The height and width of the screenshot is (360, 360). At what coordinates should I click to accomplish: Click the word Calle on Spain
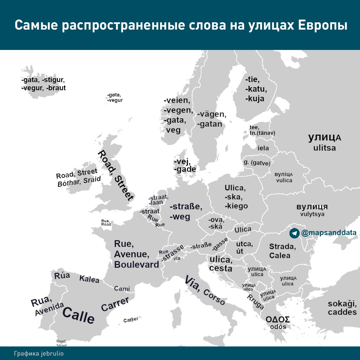(78, 315)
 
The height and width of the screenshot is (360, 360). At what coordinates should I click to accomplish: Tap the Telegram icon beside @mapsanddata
(294, 233)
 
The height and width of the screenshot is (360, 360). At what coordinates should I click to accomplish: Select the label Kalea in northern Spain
(89, 279)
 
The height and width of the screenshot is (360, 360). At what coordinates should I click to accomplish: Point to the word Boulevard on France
(137, 265)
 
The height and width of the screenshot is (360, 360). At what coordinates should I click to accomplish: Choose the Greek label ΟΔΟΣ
(278, 319)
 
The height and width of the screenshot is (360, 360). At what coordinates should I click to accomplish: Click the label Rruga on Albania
(255, 302)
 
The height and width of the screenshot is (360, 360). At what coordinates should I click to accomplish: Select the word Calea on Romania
(280, 255)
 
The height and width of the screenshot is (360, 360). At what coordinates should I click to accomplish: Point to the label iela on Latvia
(263, 148)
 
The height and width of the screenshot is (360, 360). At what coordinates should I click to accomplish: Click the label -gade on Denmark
(185, 169)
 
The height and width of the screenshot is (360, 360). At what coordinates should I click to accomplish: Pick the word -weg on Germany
(180, 217)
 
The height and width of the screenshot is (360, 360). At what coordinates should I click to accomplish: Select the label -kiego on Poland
(236, 206)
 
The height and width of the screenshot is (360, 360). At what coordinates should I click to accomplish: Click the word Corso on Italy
(214, 297)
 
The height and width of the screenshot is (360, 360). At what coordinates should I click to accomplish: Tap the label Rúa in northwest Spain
(62, 275)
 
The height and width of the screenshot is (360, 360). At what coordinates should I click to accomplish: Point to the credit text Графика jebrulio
(39, 354)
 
